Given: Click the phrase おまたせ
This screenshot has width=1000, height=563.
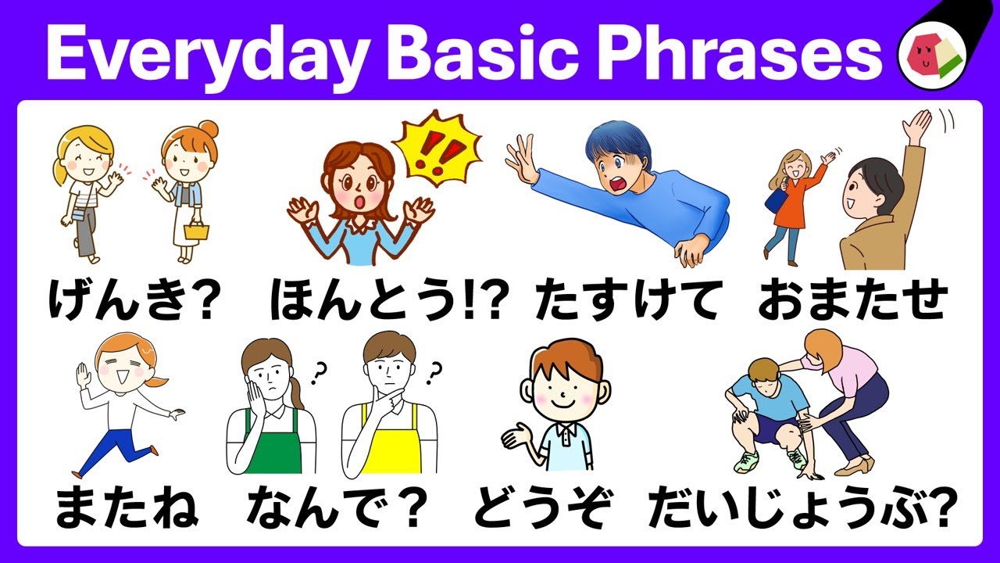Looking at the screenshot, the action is pos(852,299).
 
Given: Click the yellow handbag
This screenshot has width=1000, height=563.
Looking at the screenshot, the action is pos(196,230).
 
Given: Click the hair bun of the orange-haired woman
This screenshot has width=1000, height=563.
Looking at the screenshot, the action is pos(209,129).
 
